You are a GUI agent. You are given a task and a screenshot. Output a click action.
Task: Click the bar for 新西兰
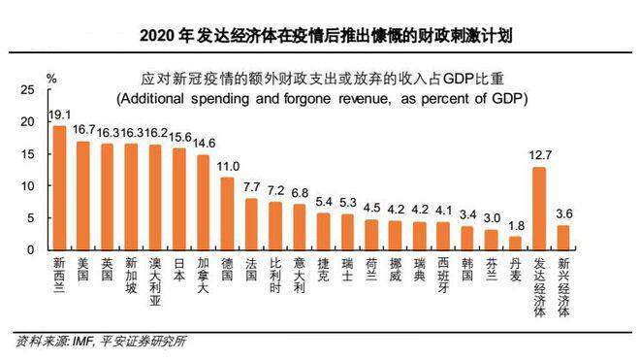point(59,187)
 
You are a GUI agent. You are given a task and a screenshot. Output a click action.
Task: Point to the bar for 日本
point(179,199)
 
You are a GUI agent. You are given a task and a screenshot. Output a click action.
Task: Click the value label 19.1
point(59,116)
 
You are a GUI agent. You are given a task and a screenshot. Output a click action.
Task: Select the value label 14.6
point(204,145)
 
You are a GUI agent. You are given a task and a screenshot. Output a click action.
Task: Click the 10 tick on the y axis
point(26,185)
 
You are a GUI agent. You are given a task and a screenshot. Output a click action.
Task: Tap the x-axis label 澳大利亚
point(155,280)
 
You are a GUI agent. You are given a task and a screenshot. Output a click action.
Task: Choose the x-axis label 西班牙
point(443,276)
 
